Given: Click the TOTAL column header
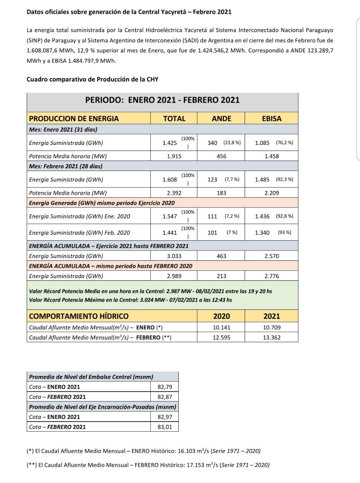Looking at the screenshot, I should [174, 118].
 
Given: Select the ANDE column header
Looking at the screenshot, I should [221, 118].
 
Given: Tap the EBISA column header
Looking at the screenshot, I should [271, 118].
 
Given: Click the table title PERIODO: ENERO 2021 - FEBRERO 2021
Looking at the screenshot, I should [162, 100].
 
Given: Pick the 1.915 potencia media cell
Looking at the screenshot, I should [174, 156].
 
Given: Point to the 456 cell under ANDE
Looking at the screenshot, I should [221, 156].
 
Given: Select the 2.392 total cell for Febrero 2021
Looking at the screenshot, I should [174, 193].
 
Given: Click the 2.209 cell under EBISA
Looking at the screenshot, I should [271, 193].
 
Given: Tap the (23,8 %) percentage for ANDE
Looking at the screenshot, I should [232, 143].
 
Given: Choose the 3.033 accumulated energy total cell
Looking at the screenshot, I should [174, 256].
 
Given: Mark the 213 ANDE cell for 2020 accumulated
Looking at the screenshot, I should [221, 276].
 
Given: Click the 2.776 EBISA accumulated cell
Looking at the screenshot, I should [271, 276].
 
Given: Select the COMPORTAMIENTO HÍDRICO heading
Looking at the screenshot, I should [78, 316].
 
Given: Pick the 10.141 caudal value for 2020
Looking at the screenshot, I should [221, 328].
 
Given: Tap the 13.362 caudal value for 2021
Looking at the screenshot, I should [271, 337].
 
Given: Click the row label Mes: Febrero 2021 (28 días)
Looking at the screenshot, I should [66, 166].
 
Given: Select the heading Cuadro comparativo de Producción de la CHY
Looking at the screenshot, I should [92, 79].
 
